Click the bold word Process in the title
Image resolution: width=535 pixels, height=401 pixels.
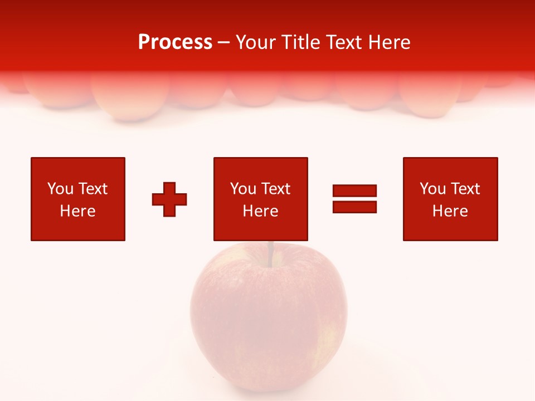175,42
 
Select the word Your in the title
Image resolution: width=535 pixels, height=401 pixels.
257,42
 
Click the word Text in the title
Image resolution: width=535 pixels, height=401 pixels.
342,42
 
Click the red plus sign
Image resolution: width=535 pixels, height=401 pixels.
169,199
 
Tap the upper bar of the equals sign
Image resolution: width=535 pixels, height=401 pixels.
354,191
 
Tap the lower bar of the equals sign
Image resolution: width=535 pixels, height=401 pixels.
354,207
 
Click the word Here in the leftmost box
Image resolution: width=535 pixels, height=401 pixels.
77,211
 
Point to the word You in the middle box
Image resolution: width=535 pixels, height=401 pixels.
243,189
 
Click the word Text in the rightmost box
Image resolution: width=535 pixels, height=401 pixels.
466,189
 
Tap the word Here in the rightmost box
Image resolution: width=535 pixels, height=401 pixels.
450,211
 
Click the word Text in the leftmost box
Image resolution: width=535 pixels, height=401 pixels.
93,189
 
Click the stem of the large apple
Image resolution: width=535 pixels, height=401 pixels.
270,253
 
